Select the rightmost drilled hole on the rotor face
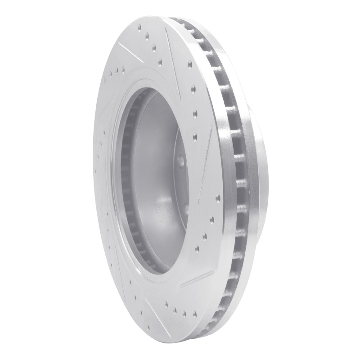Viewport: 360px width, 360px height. pos(218,197)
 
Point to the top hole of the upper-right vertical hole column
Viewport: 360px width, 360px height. pos(189,64)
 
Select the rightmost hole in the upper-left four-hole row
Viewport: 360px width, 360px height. pos(123,68)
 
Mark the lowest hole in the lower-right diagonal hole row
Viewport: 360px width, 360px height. pos(198,247)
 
